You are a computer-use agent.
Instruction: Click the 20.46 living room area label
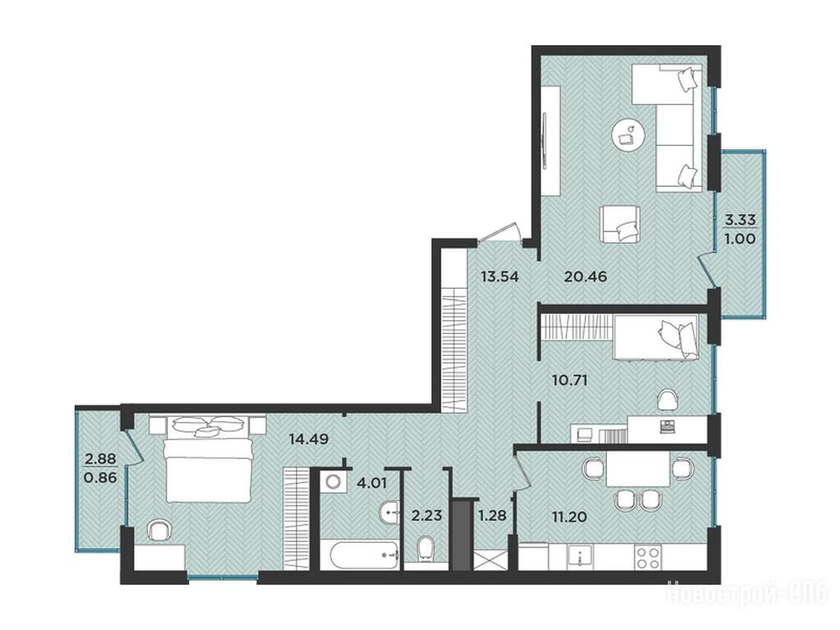[586, 277]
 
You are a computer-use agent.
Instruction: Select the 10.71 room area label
[570, 381]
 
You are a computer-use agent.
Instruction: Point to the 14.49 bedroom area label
[308, 440]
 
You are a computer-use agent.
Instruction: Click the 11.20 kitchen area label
[569, 517]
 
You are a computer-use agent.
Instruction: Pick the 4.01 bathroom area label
[372, 484]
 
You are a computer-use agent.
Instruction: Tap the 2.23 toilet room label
[427, 515]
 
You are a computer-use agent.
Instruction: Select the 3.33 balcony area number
[740, 220]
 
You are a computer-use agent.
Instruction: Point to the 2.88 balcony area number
[101, 459]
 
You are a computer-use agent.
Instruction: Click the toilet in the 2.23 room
[427, 550]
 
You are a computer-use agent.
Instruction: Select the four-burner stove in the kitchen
[647, 558]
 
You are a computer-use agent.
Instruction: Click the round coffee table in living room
[627, 135]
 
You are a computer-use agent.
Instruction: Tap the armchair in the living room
[620, 224]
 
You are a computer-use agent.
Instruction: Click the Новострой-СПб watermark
[746, 593]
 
